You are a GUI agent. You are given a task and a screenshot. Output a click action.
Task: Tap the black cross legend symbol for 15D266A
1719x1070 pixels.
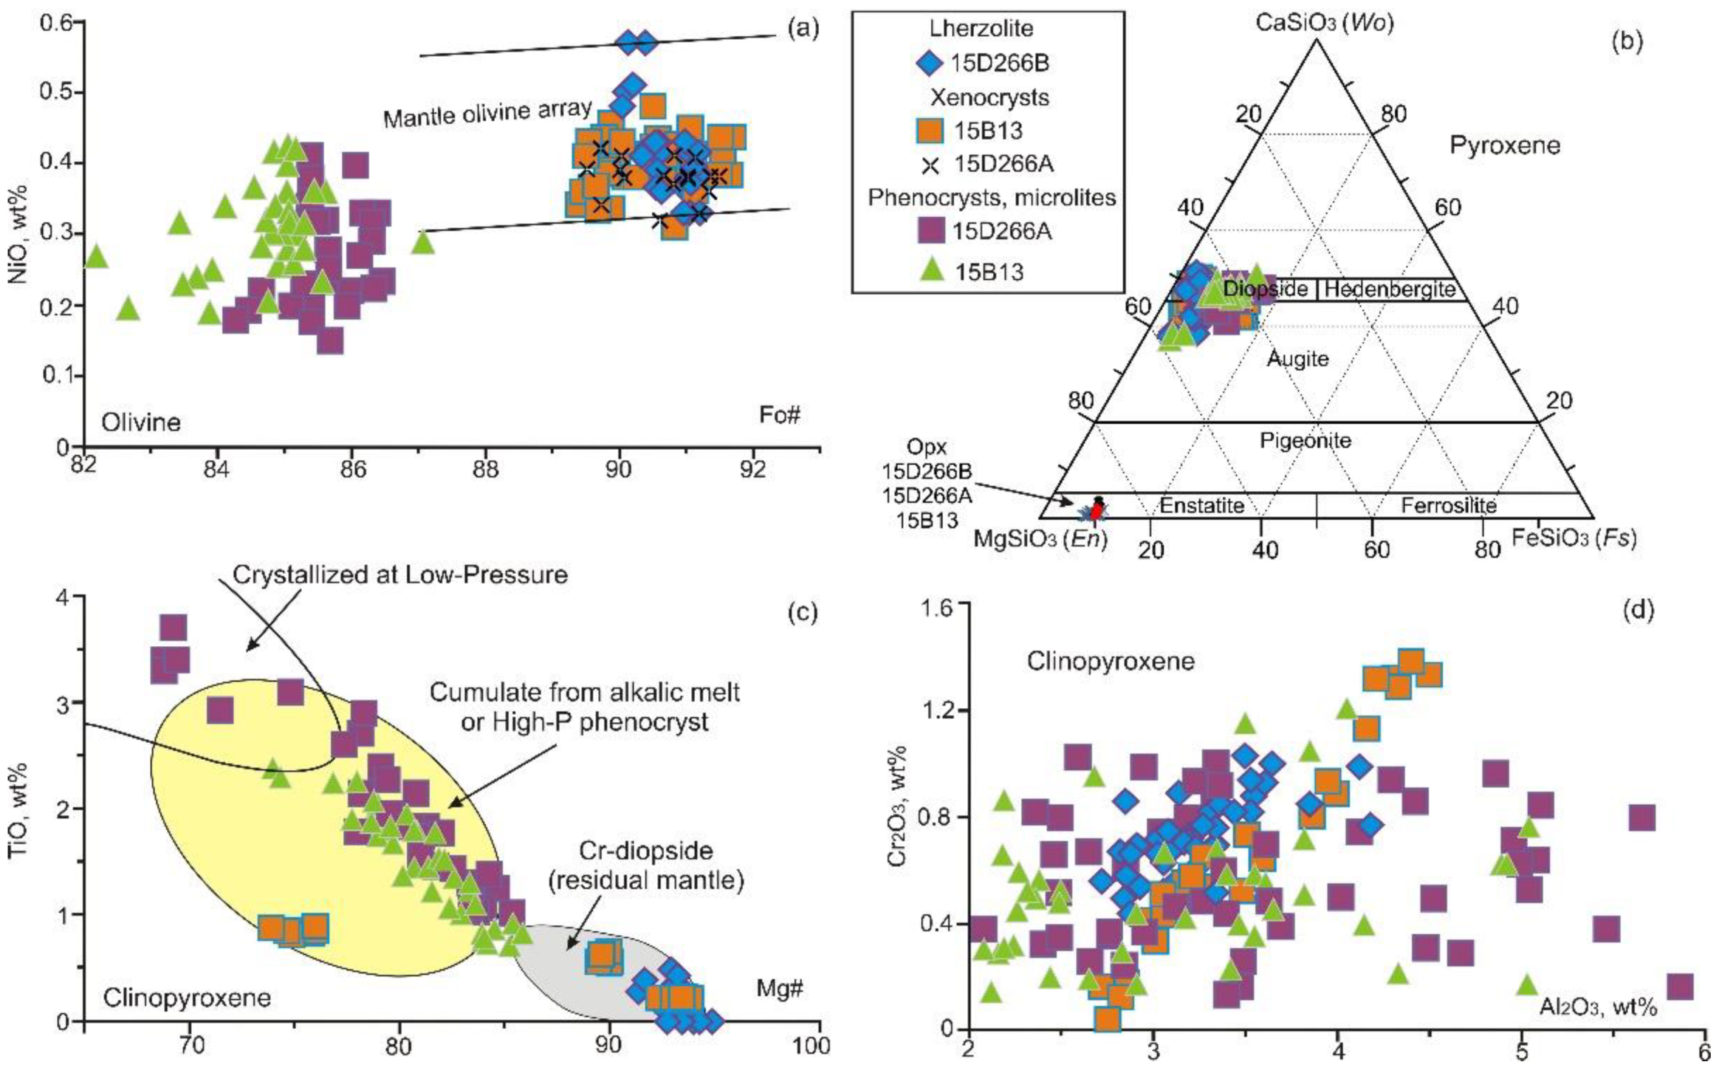(x=930, y=165)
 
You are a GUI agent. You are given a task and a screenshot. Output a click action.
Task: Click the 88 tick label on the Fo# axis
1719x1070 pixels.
(x=485, y=469)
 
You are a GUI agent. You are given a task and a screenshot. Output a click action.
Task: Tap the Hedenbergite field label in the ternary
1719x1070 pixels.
(x=1390, y=289)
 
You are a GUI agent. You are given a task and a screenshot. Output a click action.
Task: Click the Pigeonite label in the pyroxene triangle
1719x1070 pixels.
(x=1305, y=441)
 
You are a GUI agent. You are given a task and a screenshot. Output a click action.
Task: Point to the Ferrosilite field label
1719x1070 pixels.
(x=1449, y=506)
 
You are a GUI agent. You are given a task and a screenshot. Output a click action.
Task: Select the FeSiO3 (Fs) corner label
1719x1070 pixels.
(x=1574, y=538)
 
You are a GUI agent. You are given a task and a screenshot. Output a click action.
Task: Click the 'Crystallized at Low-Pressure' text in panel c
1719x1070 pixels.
(x=399, y=575)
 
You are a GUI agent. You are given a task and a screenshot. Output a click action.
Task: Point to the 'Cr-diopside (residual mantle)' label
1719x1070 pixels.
(x=645, y=865)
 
